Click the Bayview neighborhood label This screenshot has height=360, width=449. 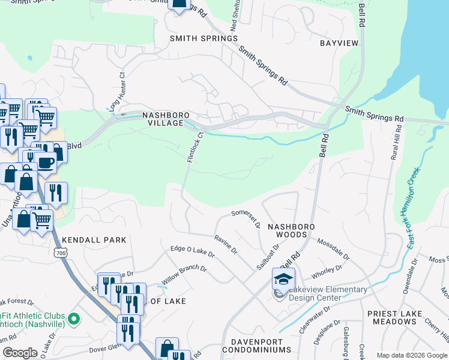[339, 43]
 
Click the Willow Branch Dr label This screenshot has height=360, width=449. [184, 276]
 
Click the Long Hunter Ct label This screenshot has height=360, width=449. [118, 90]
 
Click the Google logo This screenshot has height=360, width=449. [19, 353]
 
